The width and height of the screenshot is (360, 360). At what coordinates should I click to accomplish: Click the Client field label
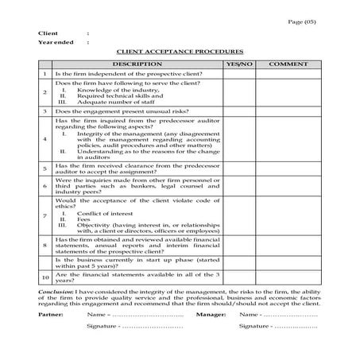48,33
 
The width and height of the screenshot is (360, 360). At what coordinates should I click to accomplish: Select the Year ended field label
56,42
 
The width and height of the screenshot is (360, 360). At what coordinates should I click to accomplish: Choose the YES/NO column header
239,62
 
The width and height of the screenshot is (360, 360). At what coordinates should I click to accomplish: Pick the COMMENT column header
288,62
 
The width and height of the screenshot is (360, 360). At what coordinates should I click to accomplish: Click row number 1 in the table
45,73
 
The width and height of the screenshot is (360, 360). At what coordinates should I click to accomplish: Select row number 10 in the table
45,277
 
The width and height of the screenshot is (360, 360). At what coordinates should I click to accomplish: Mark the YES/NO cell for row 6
239,186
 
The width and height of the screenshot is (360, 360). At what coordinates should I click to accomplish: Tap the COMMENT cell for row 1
288,73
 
